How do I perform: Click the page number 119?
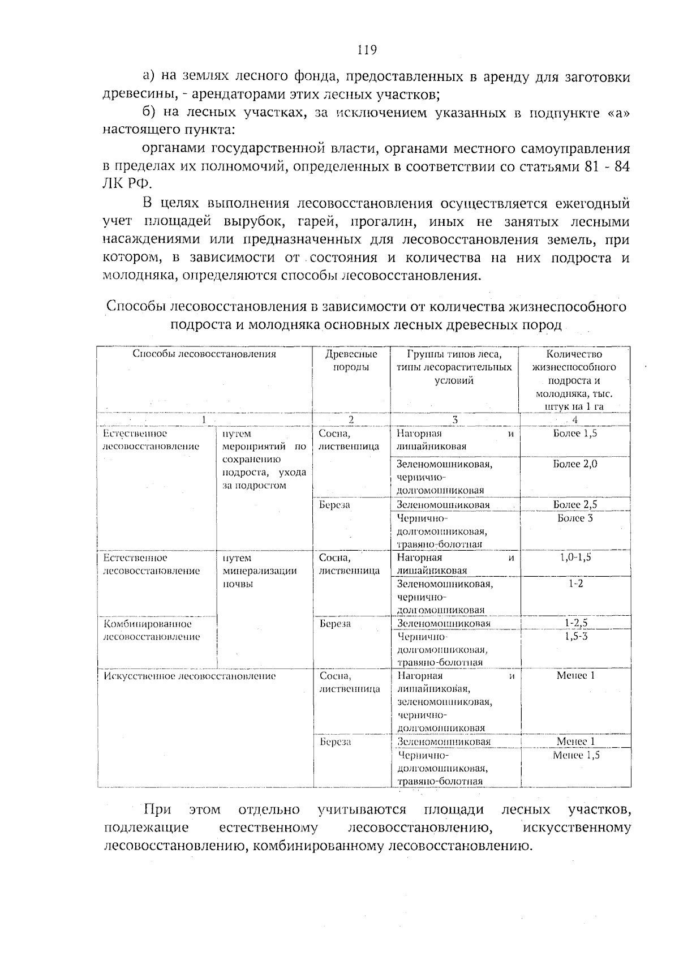(x=367, y=50)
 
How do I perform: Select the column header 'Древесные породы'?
(x=351, y=361)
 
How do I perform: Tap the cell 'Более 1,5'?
(x=575, y=434)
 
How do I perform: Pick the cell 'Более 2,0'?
(x=575, y=464)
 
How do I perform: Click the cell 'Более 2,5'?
(x=575, y=504)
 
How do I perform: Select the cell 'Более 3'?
(x=575, y=518)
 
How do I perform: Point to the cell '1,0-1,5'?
(x=575, y=557)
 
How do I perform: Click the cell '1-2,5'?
(x=575, y=623)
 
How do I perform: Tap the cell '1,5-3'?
(x=575, y=636)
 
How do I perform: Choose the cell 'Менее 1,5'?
(x=575, y=755)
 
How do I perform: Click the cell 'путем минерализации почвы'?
(x=259, y=571)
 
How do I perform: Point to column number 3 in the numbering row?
(x=454, y=420)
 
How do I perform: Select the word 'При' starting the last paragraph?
(x=157, y=809)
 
